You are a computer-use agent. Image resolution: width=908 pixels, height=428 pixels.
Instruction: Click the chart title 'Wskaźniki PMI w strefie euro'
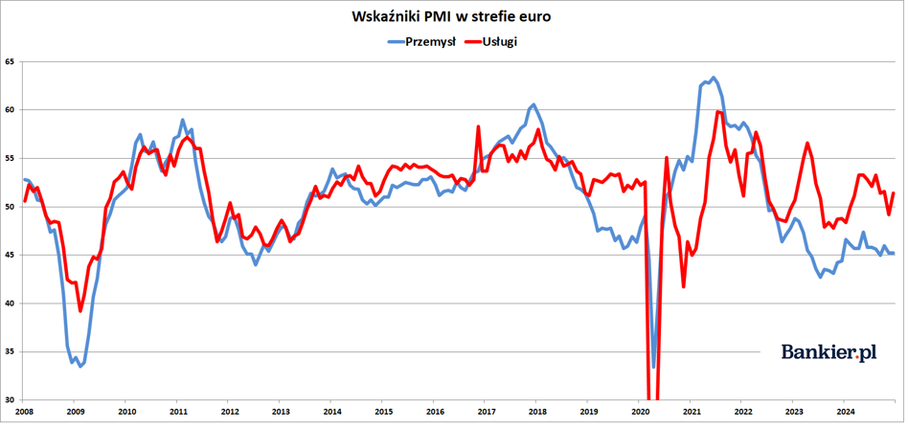point(451,16)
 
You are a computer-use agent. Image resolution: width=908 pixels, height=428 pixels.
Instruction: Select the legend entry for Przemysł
point(422,41)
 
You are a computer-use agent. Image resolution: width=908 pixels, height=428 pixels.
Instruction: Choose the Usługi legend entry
point(491,41)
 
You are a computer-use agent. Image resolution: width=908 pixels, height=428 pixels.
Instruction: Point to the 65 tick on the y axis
point(11,61)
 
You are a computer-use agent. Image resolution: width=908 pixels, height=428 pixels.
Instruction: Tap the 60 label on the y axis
point(11,110)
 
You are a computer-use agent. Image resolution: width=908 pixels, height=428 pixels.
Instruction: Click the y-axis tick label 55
point(11,158)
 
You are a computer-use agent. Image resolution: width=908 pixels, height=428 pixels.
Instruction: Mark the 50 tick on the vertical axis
point(11,207)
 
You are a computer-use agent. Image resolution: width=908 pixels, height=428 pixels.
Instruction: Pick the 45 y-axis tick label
point(11,255)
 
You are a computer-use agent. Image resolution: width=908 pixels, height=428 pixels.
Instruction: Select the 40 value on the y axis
point(11,304)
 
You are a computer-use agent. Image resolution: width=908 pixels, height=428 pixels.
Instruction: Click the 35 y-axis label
point(11,351)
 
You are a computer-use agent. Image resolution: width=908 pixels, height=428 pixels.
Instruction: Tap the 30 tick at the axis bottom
point(11,399)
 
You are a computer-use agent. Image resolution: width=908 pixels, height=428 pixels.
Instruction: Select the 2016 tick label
point(435,413)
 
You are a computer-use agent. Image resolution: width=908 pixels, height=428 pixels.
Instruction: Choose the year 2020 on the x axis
point(640,413)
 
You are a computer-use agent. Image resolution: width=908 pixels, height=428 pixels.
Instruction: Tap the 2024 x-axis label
point(844,413)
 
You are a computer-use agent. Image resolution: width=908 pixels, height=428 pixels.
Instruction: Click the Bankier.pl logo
point(829,352)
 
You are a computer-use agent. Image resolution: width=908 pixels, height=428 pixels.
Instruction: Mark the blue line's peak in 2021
point(713,77)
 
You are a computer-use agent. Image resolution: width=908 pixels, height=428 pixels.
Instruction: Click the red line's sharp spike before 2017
point(478,126)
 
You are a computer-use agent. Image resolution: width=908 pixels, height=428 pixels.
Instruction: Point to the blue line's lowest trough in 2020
point(654,367)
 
